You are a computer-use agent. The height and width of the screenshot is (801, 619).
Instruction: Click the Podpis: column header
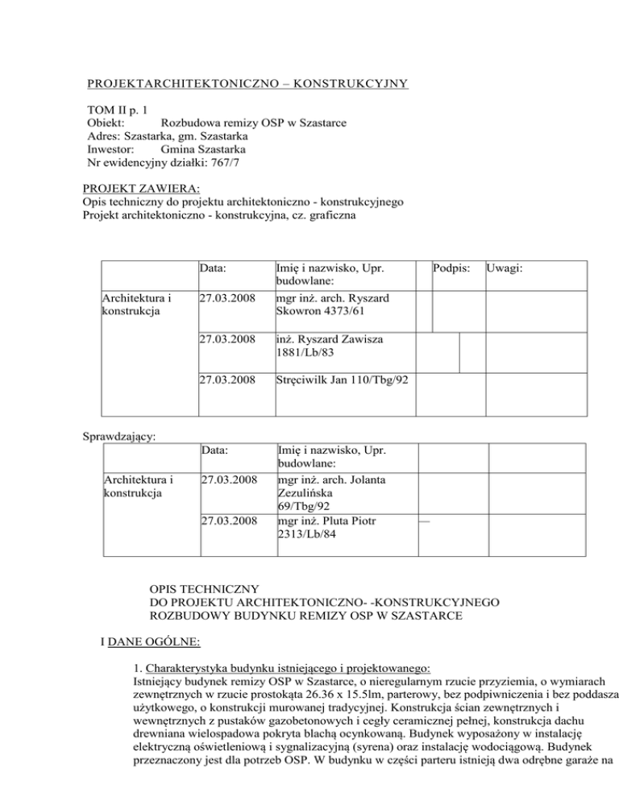[452, 265]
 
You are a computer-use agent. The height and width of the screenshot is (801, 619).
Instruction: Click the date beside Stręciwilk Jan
[227, 380]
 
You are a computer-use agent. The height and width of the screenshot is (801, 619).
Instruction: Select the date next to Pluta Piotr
[227, 521]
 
